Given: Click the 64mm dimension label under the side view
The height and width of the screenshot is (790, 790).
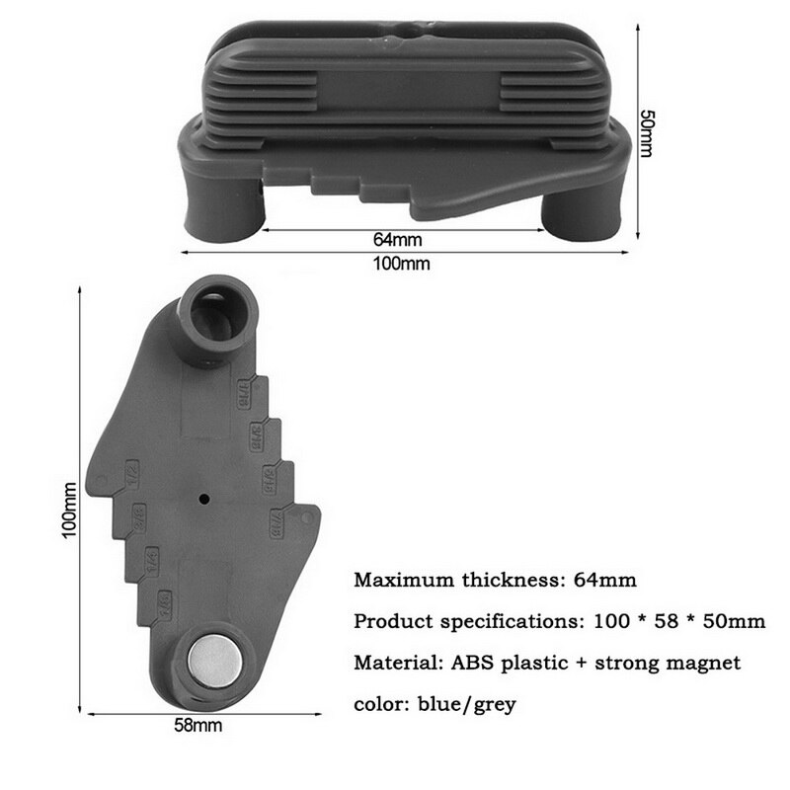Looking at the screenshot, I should coord(397,240).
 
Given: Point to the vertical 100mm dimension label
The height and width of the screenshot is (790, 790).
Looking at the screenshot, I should coord(68,507).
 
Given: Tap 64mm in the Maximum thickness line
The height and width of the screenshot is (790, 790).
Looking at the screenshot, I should coord(604,580).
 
